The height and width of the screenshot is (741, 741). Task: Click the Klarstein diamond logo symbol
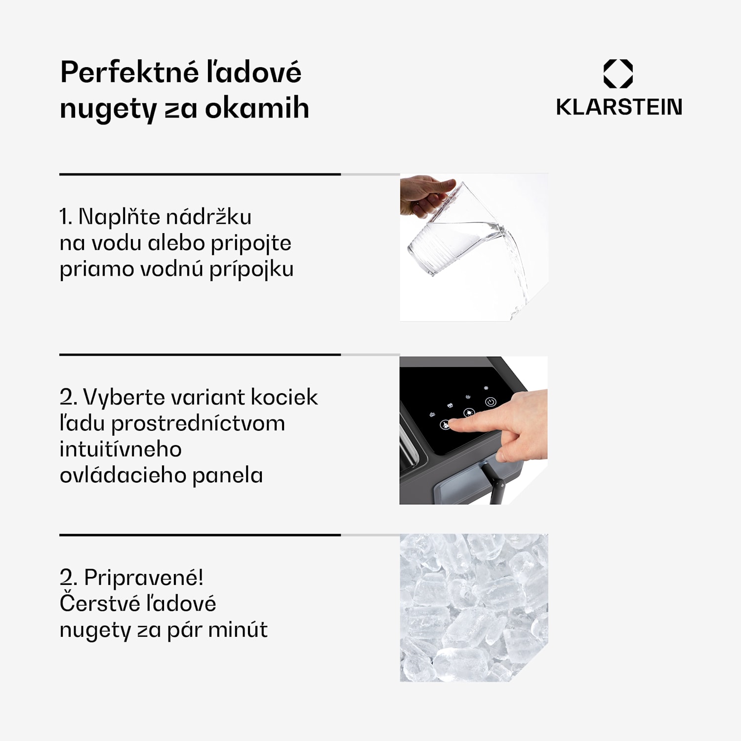[618, 74]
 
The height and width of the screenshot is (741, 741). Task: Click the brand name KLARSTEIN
[619, 107]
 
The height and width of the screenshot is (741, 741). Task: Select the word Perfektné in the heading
[129, 73]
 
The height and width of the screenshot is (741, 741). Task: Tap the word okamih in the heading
[257, 108]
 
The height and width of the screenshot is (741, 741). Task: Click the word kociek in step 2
[284, 397]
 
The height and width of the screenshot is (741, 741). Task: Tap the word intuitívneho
[121, 450]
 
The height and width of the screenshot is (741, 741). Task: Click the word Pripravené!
[144, 577]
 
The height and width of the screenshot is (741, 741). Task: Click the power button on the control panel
[491, 402]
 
